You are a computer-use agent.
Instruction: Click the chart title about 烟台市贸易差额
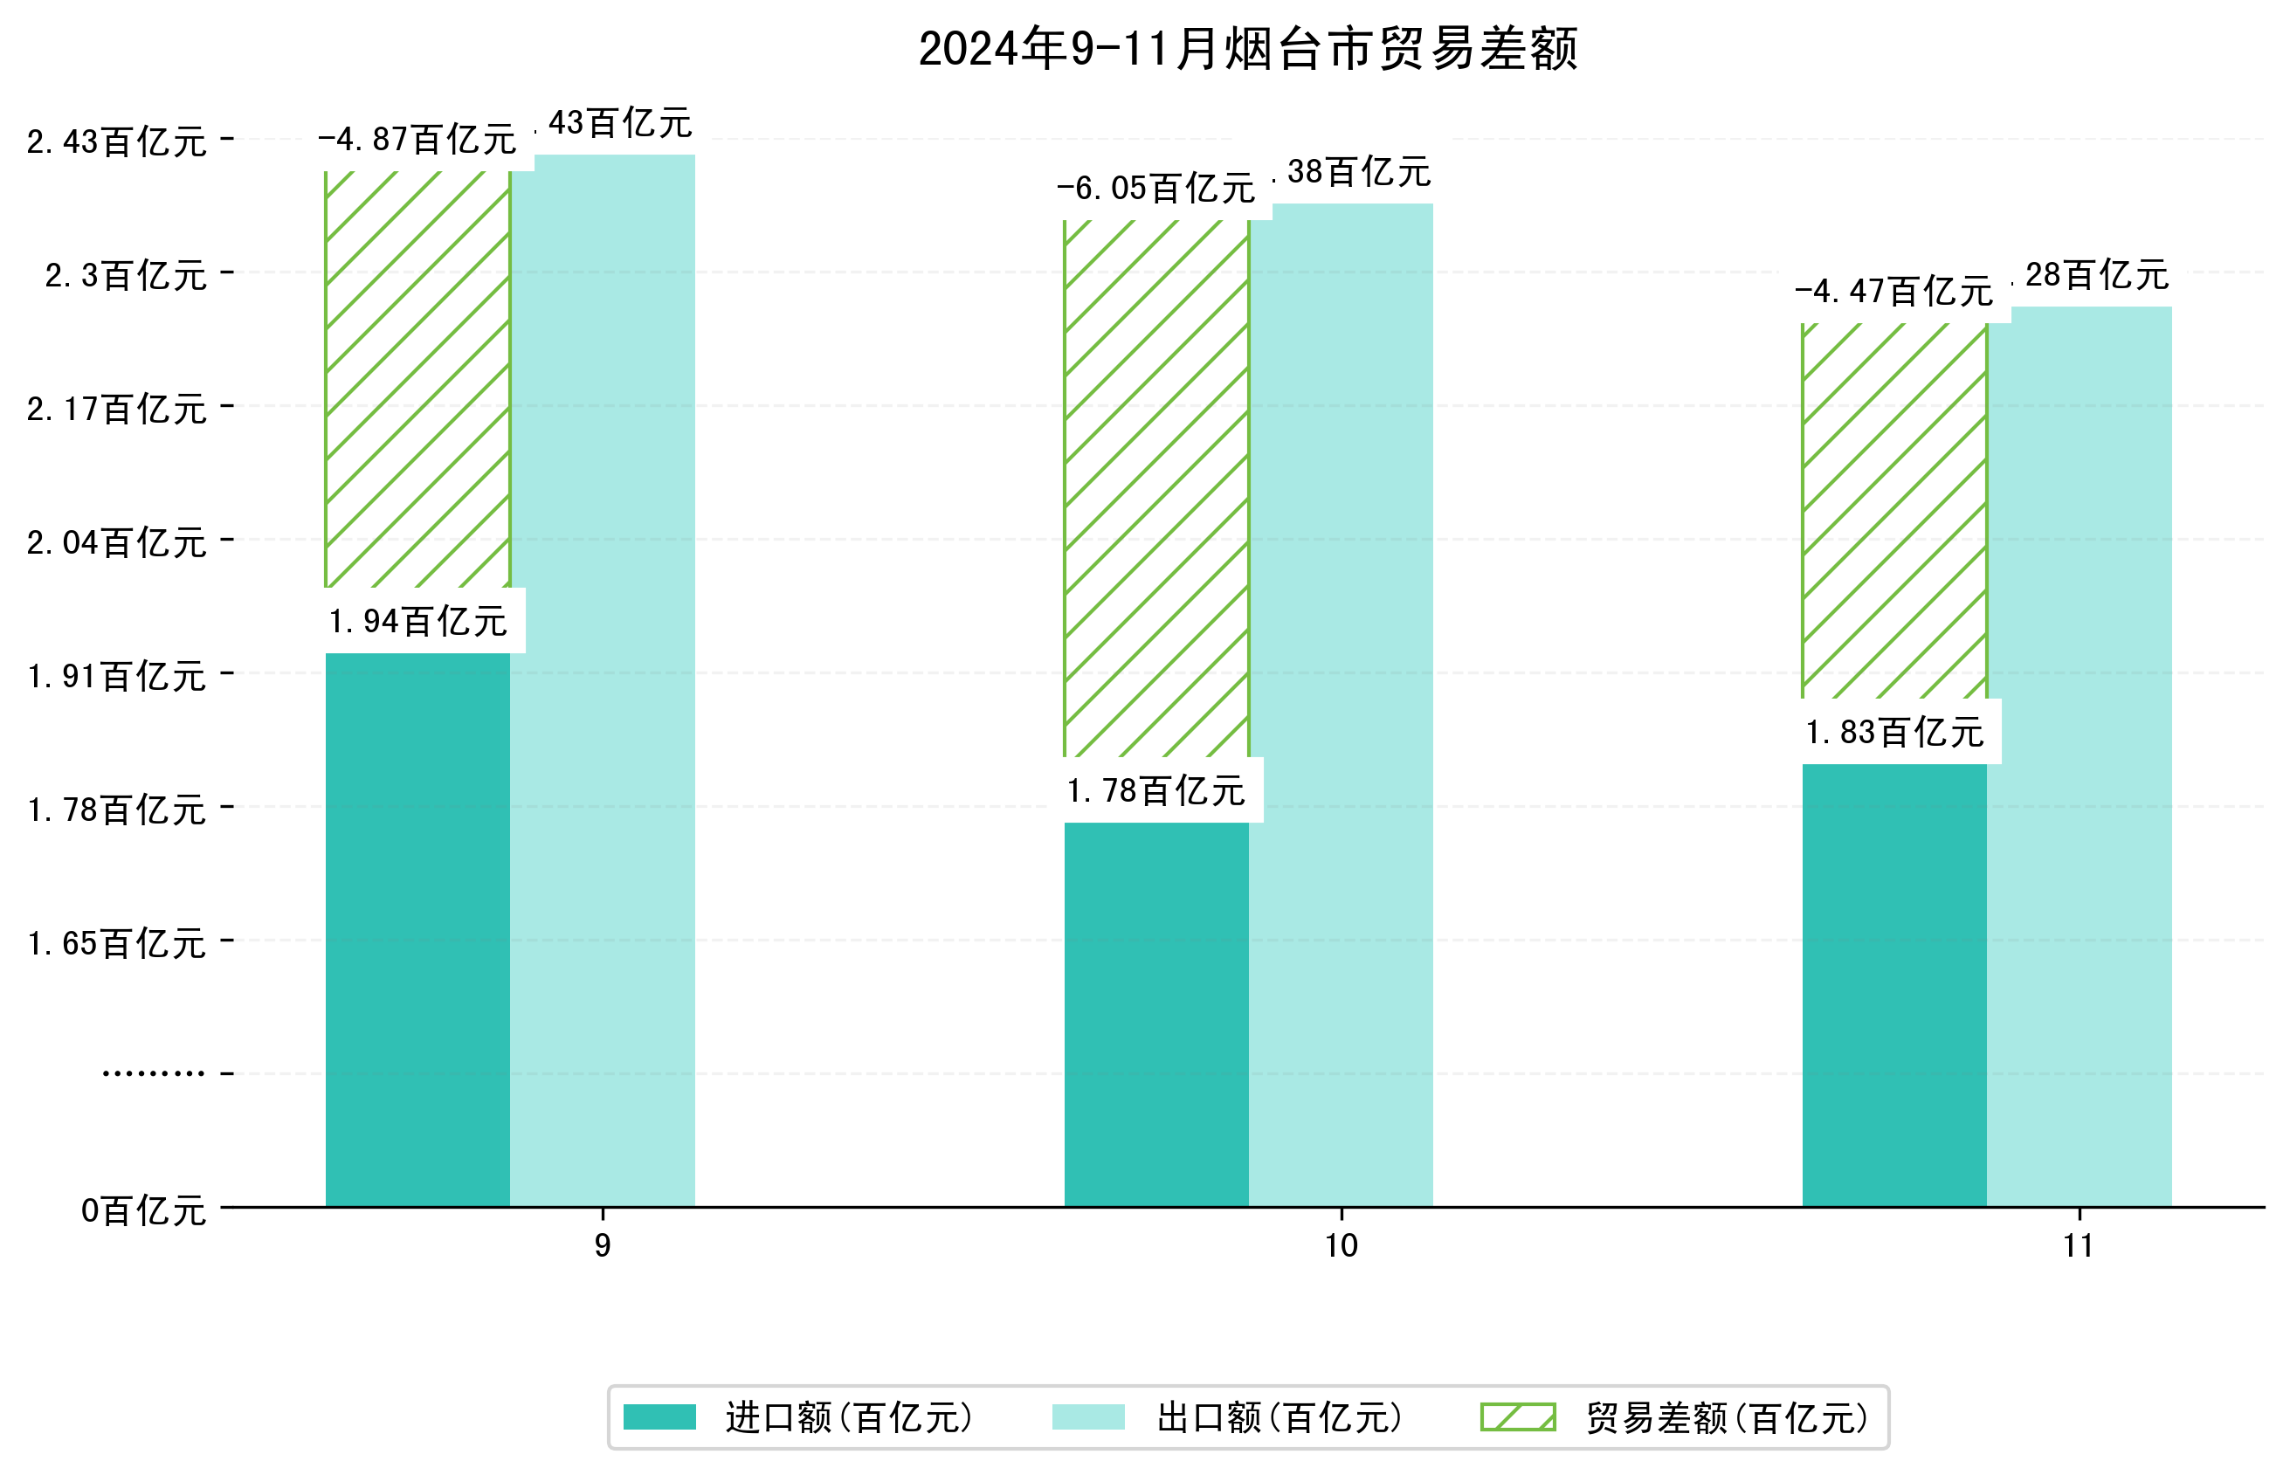click(x=1247, y=49)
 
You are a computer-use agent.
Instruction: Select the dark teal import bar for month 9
click(x=417, y=929)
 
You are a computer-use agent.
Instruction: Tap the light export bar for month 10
click(x=1341, y=704)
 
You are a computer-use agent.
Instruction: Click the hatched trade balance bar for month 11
click(x=1893, y=511)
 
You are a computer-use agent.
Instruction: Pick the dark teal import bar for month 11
click(x=1893, y=984)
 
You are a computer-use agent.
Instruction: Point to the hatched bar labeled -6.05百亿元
click(x=1156, y=488)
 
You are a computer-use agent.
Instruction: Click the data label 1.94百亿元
click(x=417, y=622)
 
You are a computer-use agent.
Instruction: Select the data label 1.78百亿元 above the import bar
click(x=1156, y=791)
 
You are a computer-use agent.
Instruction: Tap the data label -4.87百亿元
click(x=417, y=140)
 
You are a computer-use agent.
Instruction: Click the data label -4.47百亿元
click(x=1893, y=291)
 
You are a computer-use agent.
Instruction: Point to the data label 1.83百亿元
click(x=1893, y=733)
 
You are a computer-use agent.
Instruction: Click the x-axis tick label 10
click(x=1341, y=1246)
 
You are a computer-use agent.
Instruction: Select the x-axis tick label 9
click(x=602, y=1246)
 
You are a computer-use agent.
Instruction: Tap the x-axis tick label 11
click(x=2079, y=1246)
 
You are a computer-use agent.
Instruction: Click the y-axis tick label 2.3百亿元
click(x=126, y=276)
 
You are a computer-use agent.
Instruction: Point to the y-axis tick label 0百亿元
click(x=143, y=1210)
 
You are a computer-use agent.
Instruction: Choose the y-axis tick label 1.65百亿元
click(x=117, y=943)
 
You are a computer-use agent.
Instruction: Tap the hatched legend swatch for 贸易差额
click(x=1518, y=1416)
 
